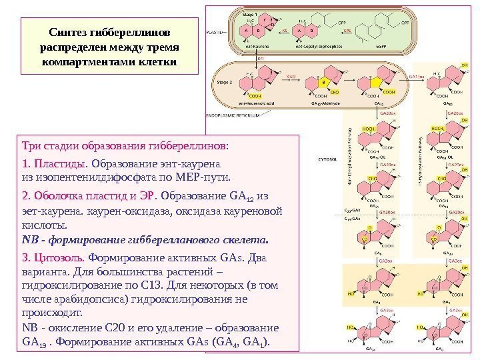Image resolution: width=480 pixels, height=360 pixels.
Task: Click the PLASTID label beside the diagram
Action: [215, 31]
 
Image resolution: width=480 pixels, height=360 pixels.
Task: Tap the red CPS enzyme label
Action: [347, 31]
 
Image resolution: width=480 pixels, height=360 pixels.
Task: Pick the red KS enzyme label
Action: [284, 31]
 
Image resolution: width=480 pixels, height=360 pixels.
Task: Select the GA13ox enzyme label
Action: [416, 77]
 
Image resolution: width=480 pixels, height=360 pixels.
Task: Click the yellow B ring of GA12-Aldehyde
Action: [325, 83]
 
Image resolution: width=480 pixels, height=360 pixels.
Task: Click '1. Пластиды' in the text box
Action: [55, 163]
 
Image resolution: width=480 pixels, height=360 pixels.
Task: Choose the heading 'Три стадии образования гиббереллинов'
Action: [124, 145]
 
